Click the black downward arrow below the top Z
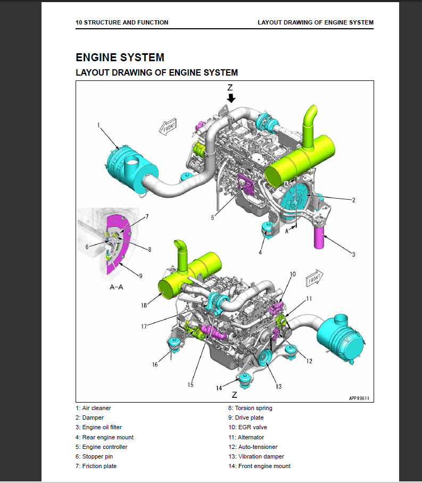coord(230,98)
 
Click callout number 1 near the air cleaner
coord(99,125)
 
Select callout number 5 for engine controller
coord(212,217)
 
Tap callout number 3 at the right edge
coord(353,255)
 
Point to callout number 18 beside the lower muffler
coord(144,306)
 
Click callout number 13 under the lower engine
coord(278,386)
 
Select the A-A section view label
coord(117,287)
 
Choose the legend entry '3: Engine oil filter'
coord(103,427)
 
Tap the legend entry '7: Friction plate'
coord(96,466)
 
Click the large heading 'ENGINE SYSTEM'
coord(120,57)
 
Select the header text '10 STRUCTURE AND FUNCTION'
coord(122,22)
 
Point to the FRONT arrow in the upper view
coord(168,127)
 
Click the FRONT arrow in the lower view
coord(314,279)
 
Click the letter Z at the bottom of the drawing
coord(234,396)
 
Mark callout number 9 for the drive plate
coord(140,276)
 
